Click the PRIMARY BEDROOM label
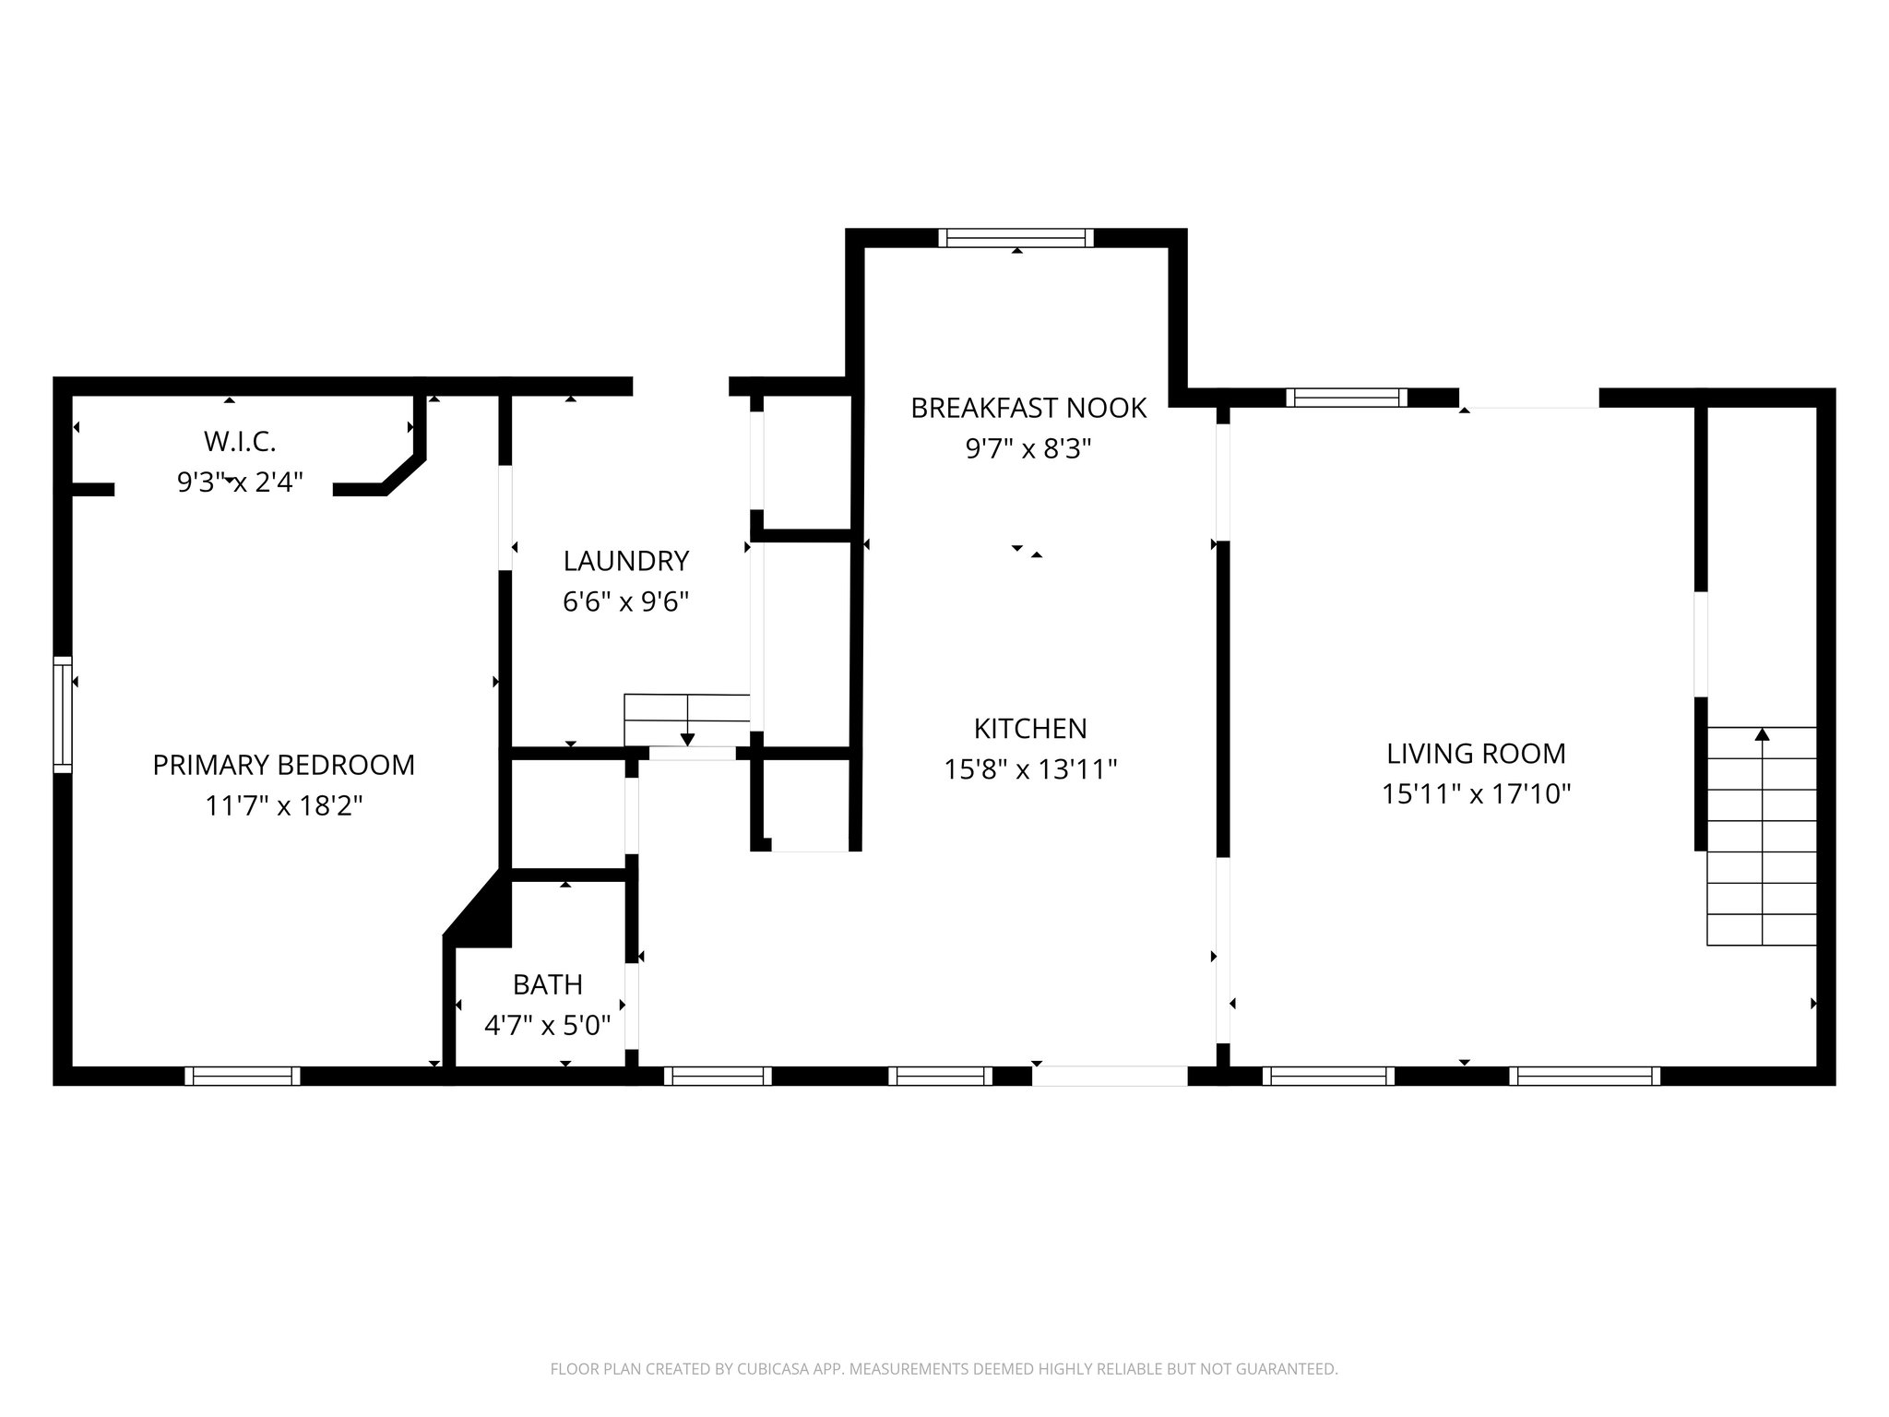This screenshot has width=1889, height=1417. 283,765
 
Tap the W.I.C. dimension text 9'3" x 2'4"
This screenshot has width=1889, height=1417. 240,482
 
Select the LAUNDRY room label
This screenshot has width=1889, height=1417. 626,561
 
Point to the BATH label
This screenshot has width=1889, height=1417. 548,984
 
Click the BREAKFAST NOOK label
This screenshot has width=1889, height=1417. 1028,408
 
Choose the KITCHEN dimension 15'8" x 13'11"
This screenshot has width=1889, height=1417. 1030,769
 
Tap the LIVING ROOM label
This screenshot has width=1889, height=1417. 1476,754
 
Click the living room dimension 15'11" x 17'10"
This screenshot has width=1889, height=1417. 1476,794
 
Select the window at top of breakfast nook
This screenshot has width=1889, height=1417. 1016,238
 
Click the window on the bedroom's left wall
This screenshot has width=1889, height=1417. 62,714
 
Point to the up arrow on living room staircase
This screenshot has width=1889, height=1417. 1762,735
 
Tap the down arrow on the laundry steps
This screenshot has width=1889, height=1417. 687,738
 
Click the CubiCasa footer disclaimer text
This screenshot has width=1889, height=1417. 944,1369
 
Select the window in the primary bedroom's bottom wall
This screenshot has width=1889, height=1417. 243,1076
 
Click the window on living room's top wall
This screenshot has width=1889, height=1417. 1347,398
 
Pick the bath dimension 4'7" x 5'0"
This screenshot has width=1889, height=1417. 548,1025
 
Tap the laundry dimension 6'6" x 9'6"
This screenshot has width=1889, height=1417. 626,601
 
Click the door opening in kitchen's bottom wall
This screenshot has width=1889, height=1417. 1109,1076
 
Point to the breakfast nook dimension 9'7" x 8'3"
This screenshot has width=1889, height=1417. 1028,449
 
